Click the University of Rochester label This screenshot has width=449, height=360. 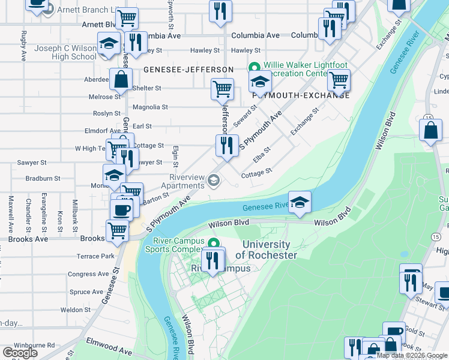click(266, 250)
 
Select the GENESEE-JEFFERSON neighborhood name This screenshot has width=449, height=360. click(188, 70)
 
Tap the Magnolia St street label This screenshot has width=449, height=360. click(150, 107)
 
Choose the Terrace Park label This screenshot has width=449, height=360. click(95, 256)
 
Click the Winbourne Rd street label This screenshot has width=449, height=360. click(35, 346)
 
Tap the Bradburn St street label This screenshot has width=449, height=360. click(43, 178)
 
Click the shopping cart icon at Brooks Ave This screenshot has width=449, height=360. click(117, 230)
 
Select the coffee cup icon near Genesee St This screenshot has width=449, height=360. click(121, 210)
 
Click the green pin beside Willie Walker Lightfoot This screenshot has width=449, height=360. click(253, 67)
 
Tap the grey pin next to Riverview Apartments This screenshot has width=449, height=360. click(213, 179)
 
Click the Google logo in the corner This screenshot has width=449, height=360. click(20, 353)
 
